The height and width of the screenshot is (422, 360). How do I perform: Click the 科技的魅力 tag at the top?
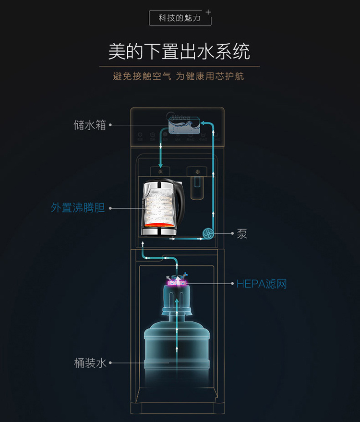180,18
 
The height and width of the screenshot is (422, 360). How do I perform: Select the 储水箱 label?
90,125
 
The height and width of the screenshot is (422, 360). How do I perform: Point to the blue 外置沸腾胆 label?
78,208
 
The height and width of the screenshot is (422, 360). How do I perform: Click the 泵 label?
242,234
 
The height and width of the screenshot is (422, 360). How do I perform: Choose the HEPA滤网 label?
261,284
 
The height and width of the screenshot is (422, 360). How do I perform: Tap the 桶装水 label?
90,363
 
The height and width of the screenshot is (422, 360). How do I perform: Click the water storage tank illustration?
184,127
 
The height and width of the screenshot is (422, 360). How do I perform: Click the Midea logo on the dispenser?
178,116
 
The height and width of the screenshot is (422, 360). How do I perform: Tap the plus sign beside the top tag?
208,11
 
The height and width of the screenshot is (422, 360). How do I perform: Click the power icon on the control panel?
140,135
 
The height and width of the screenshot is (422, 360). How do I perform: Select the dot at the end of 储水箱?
110,125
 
